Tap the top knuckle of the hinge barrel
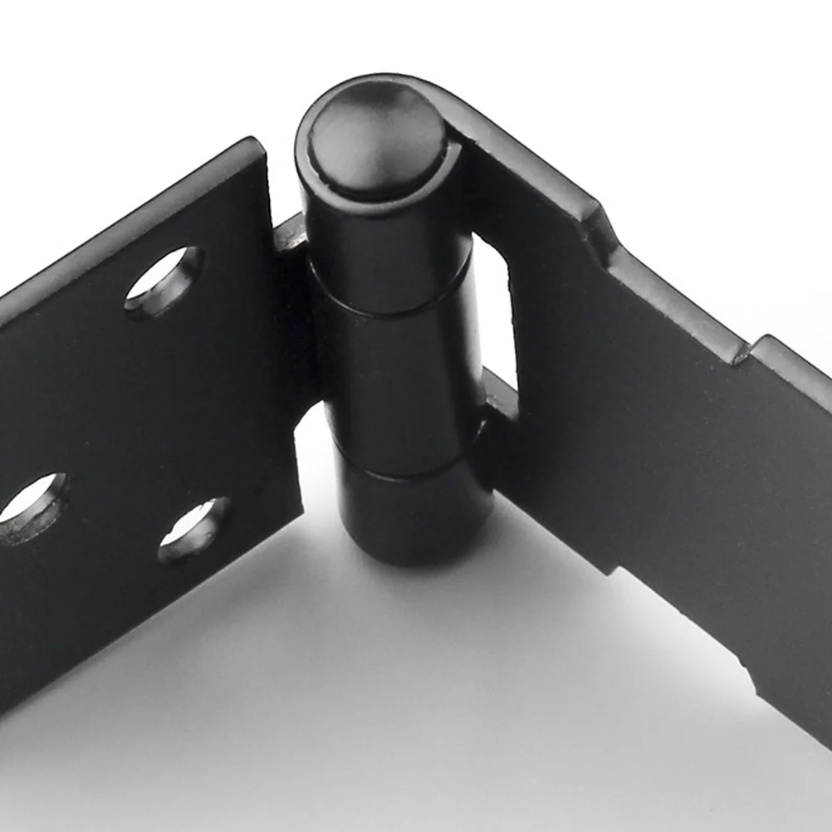(384, 249)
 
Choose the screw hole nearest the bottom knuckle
(193, 528)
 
